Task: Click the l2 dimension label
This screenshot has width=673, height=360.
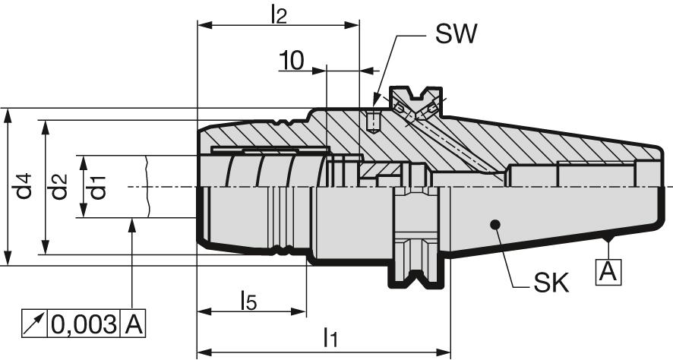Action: coord(279,14)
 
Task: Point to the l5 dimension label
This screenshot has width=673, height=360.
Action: coord(248,302)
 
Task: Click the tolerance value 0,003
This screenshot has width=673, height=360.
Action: coord(84,324)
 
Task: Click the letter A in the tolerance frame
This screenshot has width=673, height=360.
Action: coord(133,324)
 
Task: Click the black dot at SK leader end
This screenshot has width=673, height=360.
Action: coord(494,224)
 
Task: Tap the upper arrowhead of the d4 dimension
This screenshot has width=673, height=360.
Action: coord(8,114)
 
